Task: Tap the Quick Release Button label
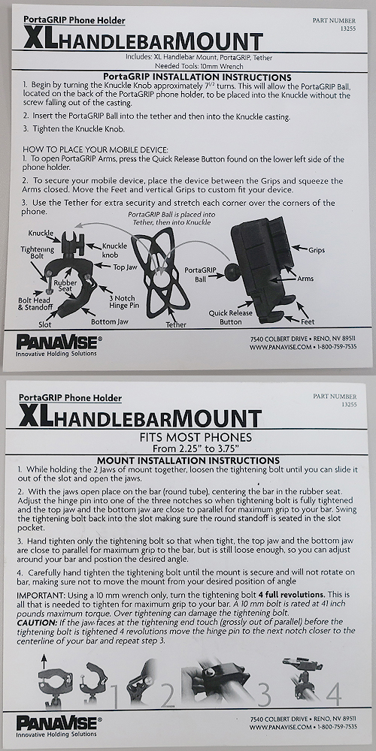(231, 317)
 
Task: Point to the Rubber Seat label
(65, 285)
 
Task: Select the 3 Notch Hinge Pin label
(124, 301)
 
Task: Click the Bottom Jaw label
(111, 321)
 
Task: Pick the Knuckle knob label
(114, 249)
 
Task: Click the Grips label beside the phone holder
(317, 250)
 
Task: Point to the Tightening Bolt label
(37, 252)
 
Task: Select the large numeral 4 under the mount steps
(334, 694)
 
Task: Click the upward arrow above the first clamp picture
(44, 663)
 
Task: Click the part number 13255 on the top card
(349, 29)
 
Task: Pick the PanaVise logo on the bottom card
(59, 722)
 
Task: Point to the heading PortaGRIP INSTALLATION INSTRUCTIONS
(198, 77)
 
